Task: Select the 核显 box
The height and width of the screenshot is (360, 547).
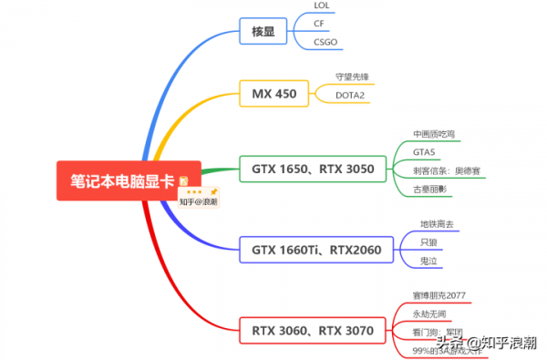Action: pyautogui.click(x=263, y=33)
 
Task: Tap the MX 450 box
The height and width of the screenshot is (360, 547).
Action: pyautogui.click(x=273, y=93)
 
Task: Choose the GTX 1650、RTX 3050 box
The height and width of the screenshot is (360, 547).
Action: pyautogui.click(x=313, y=169)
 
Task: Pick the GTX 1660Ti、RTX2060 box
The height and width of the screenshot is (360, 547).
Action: pyautogui.click(x=316, y=249)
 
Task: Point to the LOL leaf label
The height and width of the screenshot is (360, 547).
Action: pyautogui.click(x=322, y=5)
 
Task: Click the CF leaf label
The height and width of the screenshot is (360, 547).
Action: pyautogui.click(x=319, y=23)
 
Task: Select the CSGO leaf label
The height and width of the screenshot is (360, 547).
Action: pyautogui.click(x=325, y=41)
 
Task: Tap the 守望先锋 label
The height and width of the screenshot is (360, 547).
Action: pyautogui.click(x=354, y=78)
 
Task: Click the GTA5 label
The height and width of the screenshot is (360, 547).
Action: pyautogui.click(x=423, y=151)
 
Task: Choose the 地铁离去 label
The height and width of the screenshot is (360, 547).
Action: pyautogui.click(x=436, y=223)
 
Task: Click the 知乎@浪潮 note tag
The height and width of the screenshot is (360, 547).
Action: pyautogui.click(x=199, y=201)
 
